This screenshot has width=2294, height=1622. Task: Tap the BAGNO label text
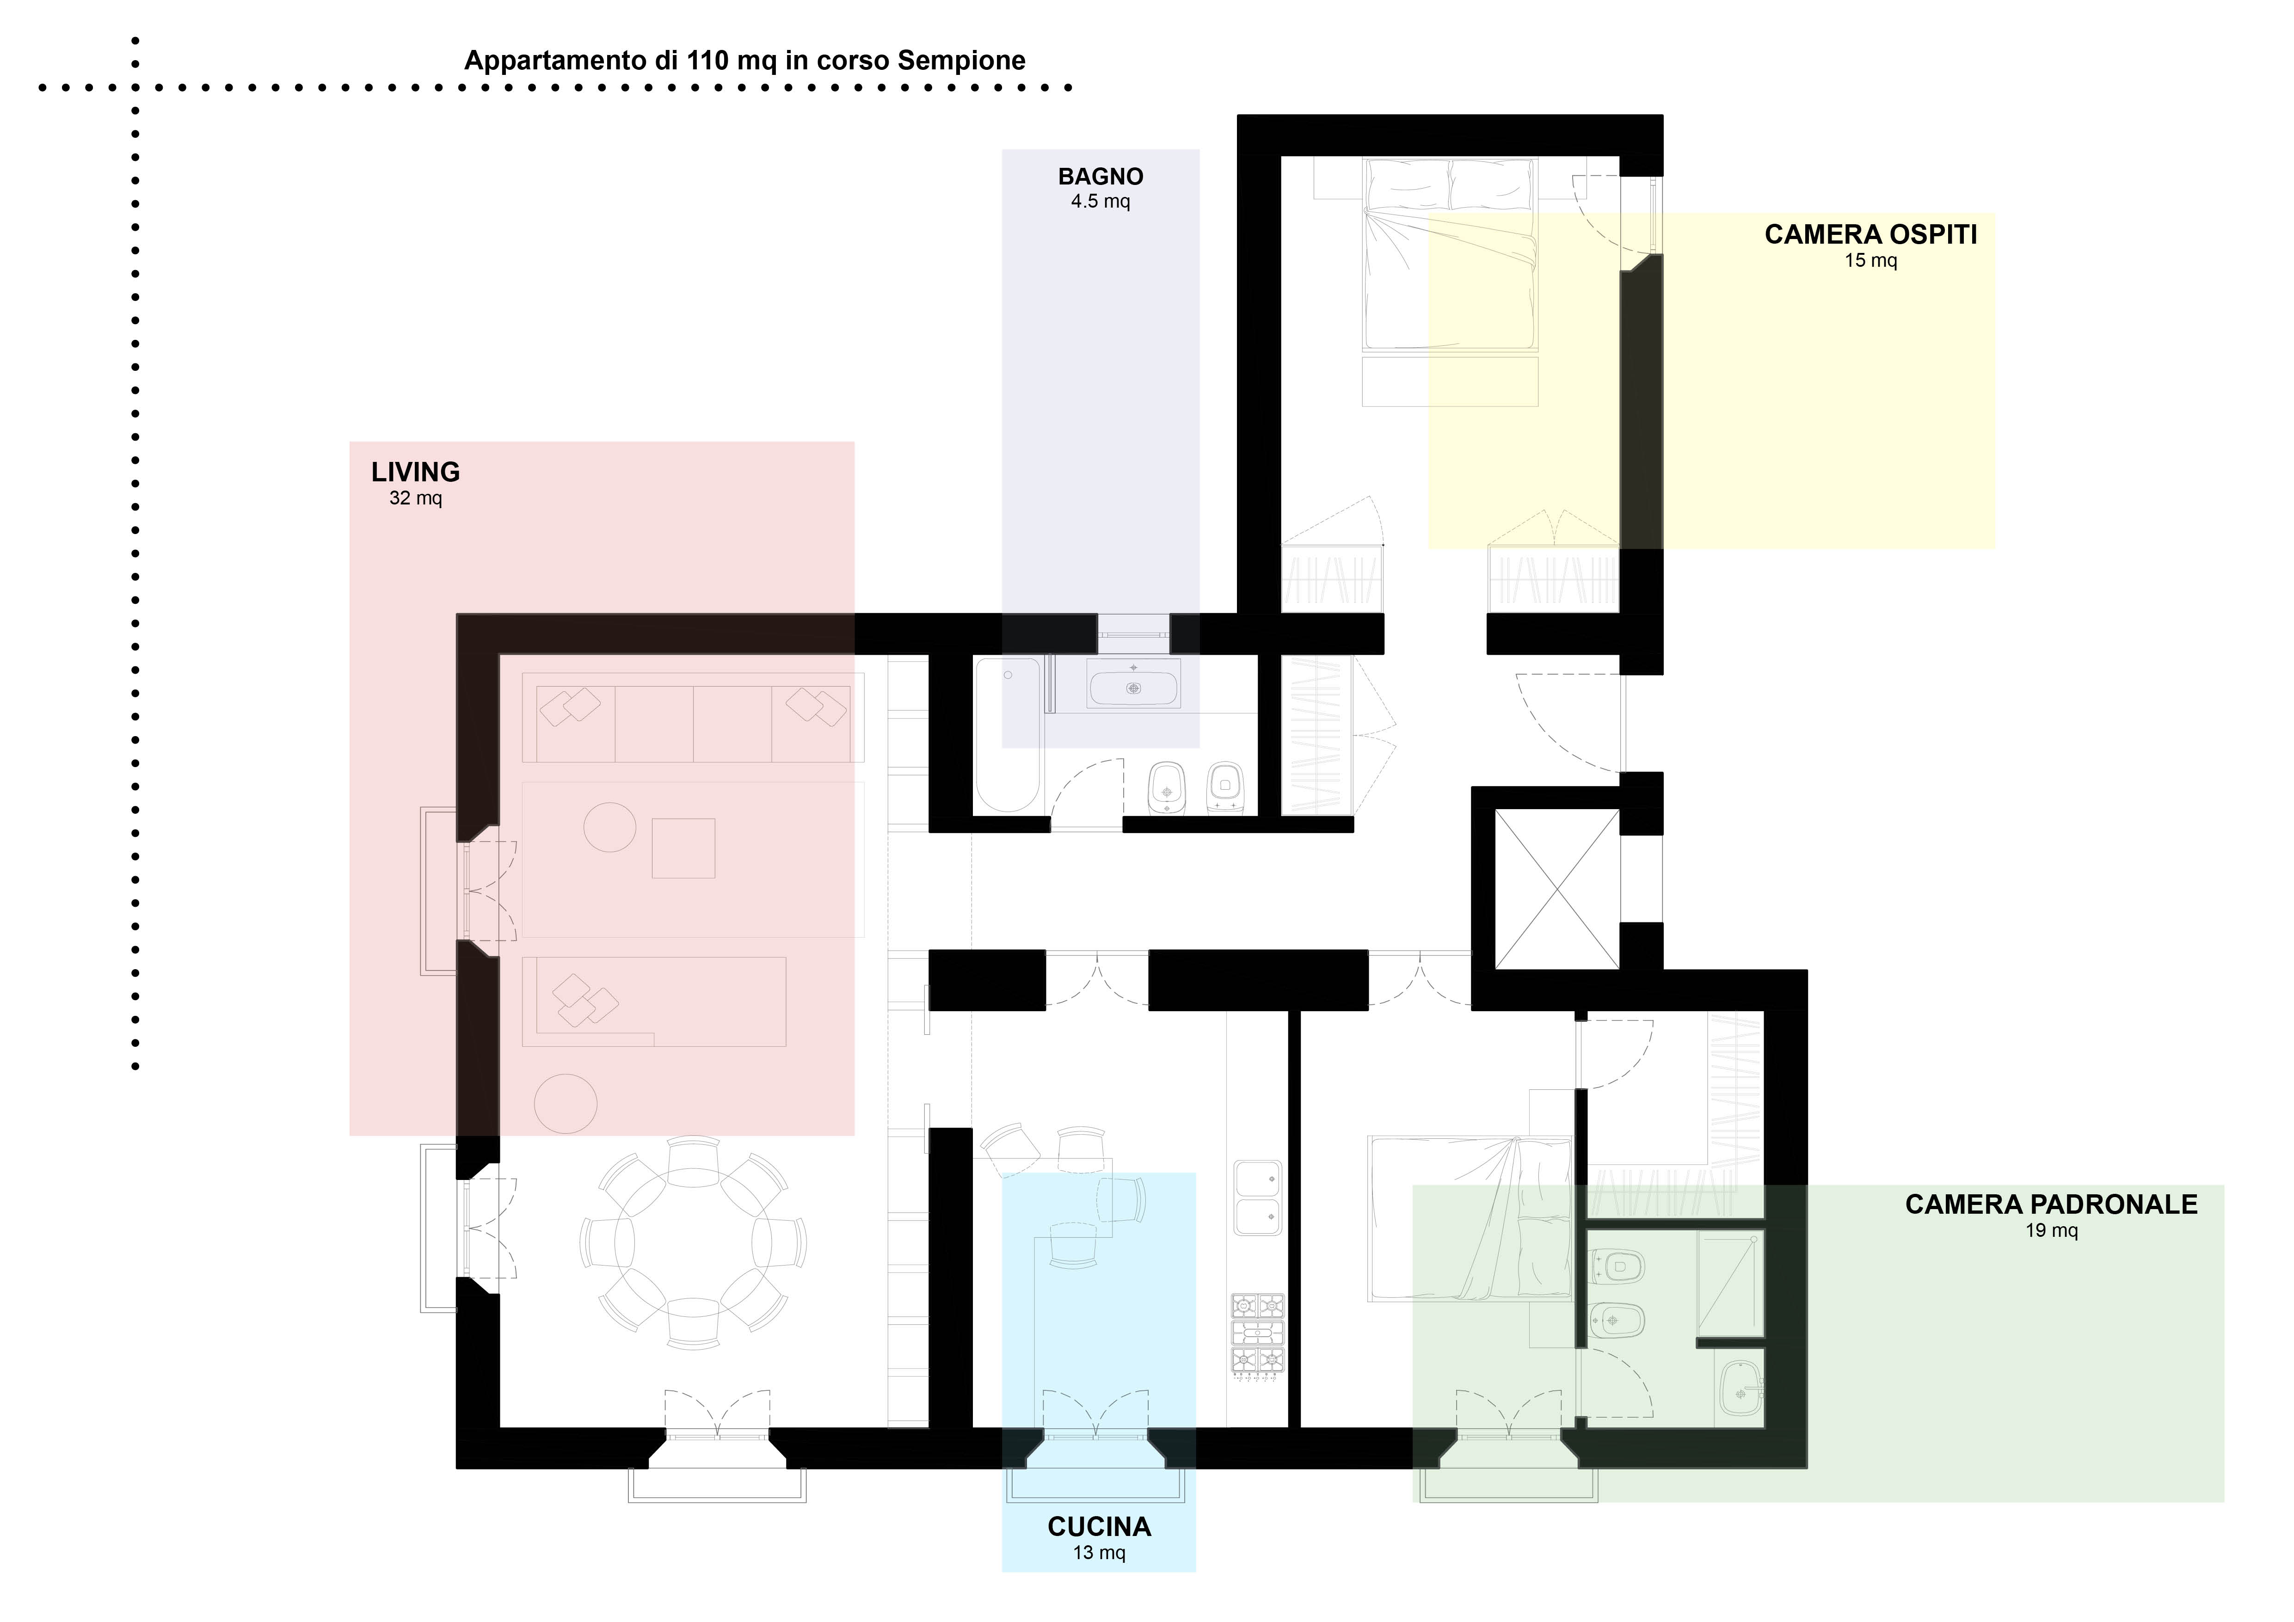pyautogui.click(x=1101, y=177)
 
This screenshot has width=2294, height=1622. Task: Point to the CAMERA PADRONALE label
pyautogui.click(x=2051, y=1204)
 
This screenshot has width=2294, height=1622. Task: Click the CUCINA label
pyautogui.click(x=1099, y=1527)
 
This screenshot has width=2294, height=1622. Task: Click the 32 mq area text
pyautogui.click(x=416, y=498)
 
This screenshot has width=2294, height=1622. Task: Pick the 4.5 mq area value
pyautogui.click(x=1101, y=202)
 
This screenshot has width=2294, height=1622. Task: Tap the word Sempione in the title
pyautogui.click(x=961, y=61)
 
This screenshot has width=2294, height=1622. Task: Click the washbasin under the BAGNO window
pyautogui.click(x=1133, y=687)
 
